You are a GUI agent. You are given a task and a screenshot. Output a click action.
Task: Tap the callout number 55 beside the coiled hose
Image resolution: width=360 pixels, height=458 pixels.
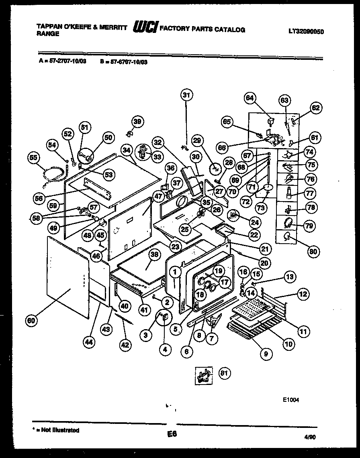click(34, 158)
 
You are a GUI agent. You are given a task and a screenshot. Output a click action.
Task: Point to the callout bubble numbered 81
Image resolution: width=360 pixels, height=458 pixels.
click(224, 373)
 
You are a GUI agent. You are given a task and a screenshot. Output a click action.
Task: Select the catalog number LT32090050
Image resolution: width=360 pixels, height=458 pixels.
click(306, 31)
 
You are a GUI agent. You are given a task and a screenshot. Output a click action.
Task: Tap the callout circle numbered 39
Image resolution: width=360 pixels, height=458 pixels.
click(137, 122)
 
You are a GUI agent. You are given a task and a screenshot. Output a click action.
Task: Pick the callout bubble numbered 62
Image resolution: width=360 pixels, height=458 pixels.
click(315, 107)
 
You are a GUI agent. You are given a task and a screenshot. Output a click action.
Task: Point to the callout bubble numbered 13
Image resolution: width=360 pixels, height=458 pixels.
click(290, 276)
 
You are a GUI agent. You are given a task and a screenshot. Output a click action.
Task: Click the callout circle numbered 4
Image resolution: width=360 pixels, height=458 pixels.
click(165, 349)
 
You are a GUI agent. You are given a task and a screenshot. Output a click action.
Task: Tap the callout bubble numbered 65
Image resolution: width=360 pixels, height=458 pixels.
click(227, 122)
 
